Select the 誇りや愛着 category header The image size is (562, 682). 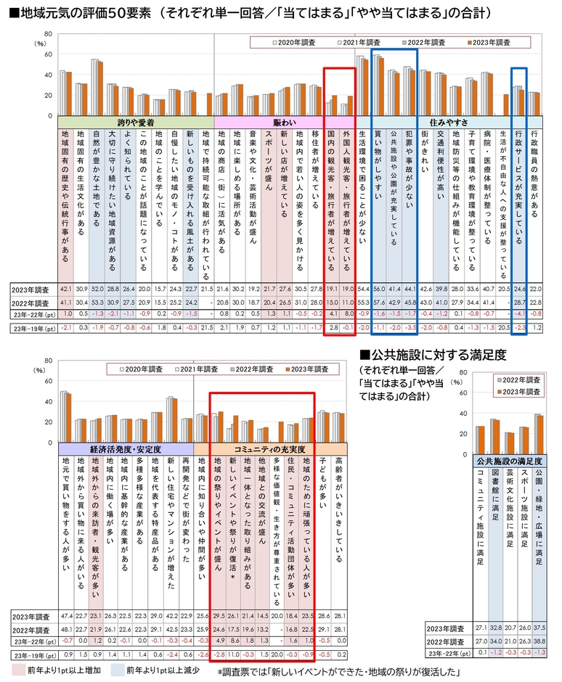135,123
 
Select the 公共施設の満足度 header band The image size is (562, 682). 510,460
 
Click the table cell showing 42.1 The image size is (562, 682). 65,289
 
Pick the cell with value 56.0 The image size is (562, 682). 378,289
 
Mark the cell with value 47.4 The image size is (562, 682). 65,615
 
